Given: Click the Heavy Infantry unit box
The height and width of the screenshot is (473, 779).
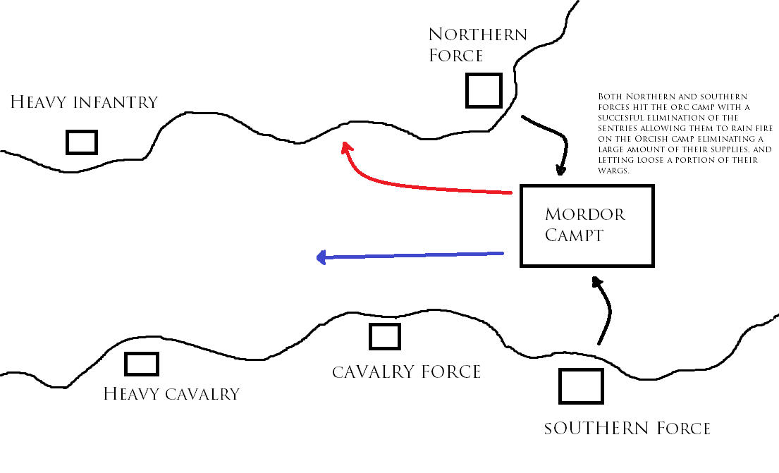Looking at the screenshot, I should click(x=81, y=142).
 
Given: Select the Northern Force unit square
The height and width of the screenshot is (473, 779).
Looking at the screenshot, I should click(x=484, y=90).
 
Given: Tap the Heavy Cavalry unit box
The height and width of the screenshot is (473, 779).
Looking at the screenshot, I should click(x=141, y=364).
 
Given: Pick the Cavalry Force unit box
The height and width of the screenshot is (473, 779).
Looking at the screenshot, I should click(x=385, y=336).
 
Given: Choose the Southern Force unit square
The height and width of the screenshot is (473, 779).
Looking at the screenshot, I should click(x=581, y=386).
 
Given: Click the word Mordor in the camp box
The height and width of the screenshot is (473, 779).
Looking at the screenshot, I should click(x=585, y=214).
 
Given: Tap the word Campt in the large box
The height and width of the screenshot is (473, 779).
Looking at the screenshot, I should click(x=574, y=235).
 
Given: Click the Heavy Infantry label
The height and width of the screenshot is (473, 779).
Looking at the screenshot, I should click(x=84, y=102).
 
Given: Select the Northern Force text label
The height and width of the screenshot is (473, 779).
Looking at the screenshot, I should click(x=477, y=44).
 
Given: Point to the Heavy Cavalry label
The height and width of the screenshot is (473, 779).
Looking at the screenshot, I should click(x=171, y=394).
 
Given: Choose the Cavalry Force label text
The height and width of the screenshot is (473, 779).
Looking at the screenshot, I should click(x=406, y=371).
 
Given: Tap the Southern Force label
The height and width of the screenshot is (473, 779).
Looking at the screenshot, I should click(x=627, y=428).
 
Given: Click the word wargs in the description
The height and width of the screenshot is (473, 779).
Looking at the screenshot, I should click(x=612, y=171).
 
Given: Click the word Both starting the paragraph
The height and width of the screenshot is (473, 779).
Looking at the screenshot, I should click(x=609, y=96).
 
